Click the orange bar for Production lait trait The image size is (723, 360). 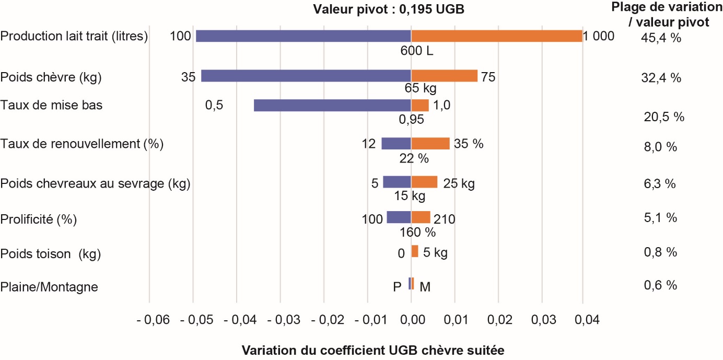[x=496, y=36]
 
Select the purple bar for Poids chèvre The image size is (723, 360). [x=306, y=76]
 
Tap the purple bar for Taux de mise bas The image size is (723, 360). [x=332, y=105]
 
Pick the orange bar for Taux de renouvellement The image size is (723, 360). [x=430, y=143]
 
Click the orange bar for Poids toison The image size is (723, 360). [x=415, y=251]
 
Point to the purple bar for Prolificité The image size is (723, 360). [x=399, y=217]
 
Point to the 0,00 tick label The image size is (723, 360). [x=411, y=319]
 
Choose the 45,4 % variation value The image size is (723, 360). [x=661, y=38]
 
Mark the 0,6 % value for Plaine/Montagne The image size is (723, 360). [x=661, y=285]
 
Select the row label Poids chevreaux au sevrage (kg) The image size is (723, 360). [x=95, y=184]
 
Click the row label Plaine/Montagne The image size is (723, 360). [x=49, y=287]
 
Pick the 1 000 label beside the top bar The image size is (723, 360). [x=599, y=37]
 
